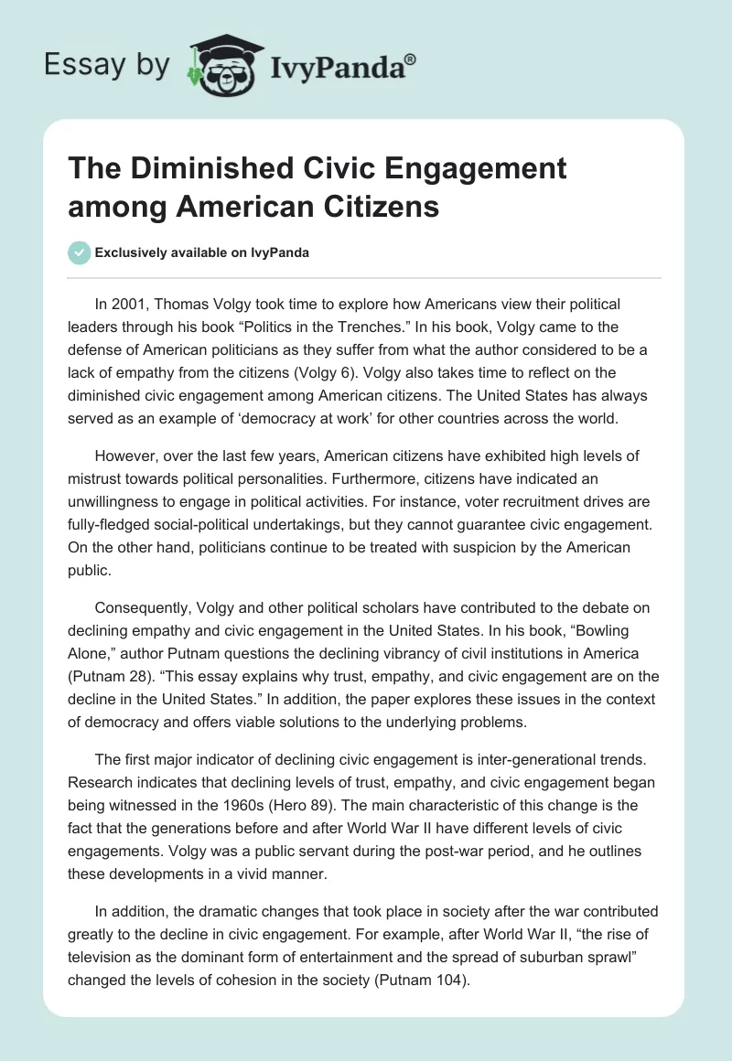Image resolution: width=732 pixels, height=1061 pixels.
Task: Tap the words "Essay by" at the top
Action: tap(107, 65)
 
